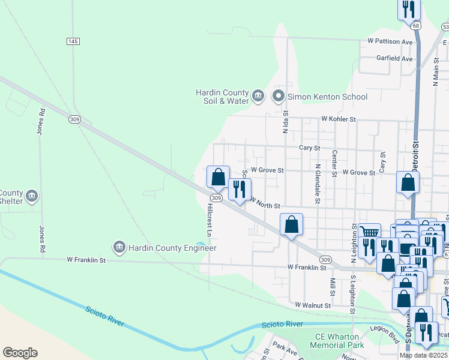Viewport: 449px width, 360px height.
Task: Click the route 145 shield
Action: point(73,41)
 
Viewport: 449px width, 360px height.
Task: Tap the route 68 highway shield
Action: point(416,26)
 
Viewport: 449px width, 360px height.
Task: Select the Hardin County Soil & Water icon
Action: point(258,96)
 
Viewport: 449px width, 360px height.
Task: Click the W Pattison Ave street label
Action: point(390,42)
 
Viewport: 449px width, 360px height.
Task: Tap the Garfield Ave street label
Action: point(394,59)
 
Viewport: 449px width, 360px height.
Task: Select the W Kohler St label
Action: point(339,119)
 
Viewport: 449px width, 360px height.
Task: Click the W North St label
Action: point(265,203)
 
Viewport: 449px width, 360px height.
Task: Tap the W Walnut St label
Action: point(313,305)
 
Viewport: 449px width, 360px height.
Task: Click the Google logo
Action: point(20,353)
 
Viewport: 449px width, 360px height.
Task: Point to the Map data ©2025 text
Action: point(424,355)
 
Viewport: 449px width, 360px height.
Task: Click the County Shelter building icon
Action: point(32,195)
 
